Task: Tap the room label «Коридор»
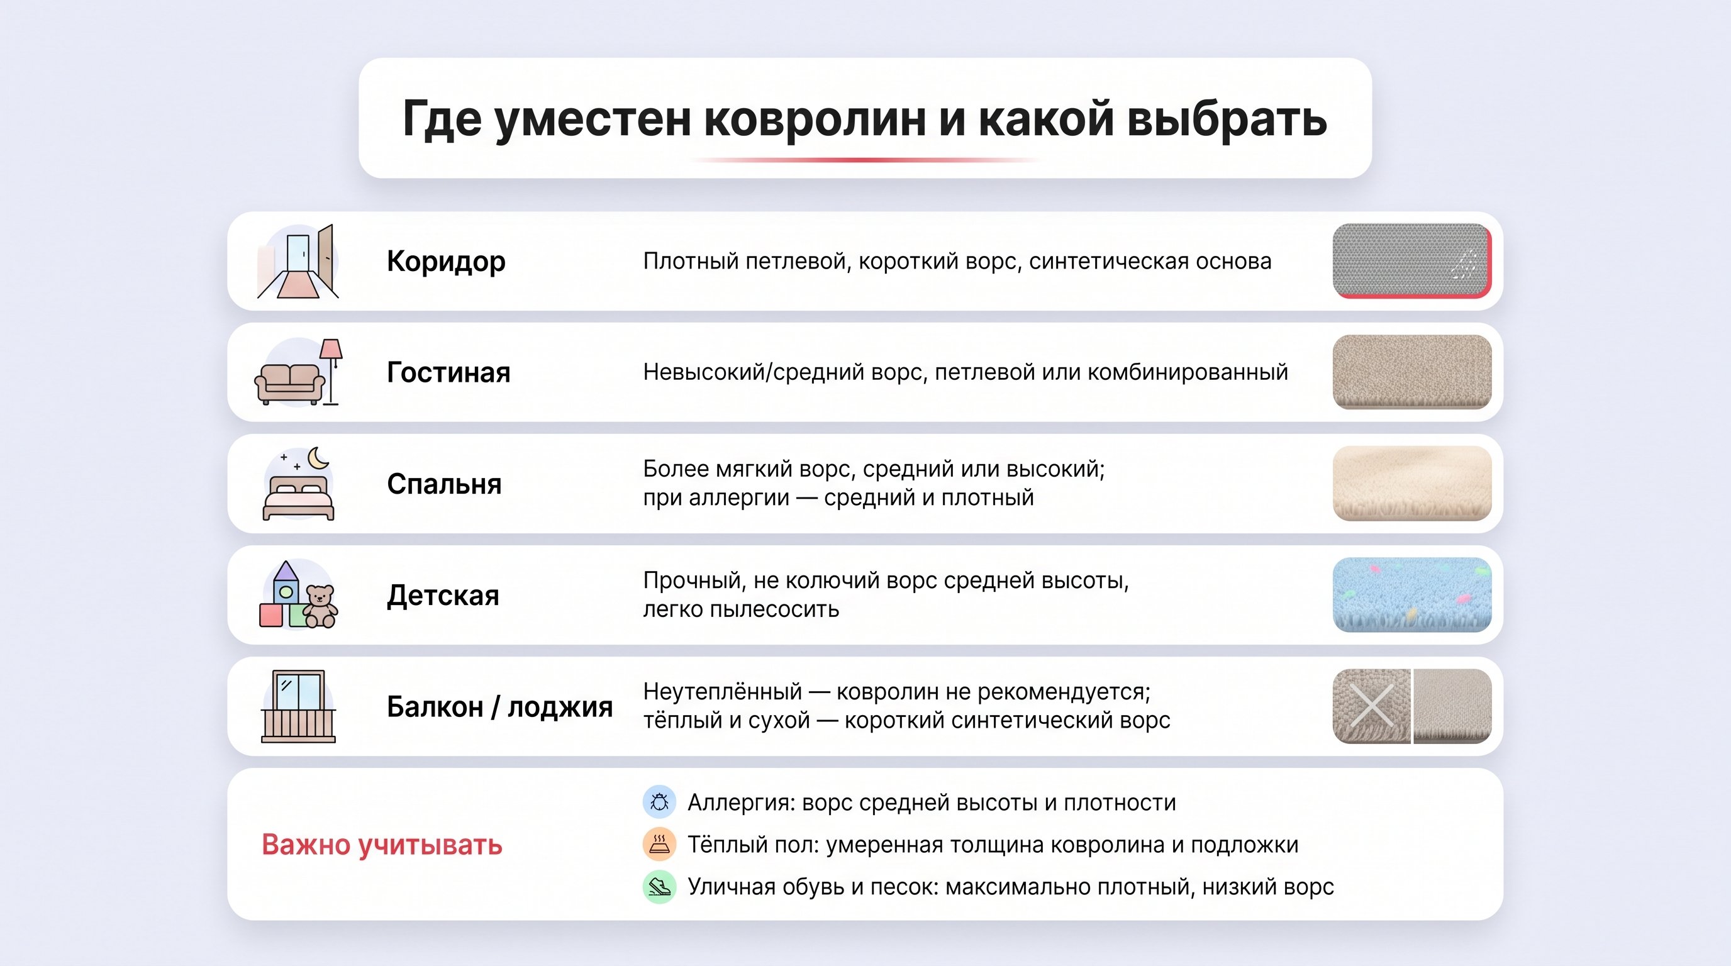pos(445,262)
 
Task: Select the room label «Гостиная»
pos(448,373)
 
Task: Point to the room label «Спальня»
pos(444,484)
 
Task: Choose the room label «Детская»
pos(443,596)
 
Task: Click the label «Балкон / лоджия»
pos(499,707)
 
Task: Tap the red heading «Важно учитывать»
pos(382,845)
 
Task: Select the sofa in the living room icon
pos(289,384)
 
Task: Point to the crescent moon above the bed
pos(318,458)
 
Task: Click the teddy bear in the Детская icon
pos(321,607)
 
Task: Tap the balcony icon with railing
pos(298,706)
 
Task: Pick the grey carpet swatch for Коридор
pos(1411,260)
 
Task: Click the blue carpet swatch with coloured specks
pos(1411,595)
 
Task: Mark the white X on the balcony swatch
pos(1371,706)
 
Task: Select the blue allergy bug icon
pos(659,802)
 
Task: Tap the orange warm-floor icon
pos(659,845)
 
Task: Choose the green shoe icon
pos(659,887)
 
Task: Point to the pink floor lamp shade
pos(331,348)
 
